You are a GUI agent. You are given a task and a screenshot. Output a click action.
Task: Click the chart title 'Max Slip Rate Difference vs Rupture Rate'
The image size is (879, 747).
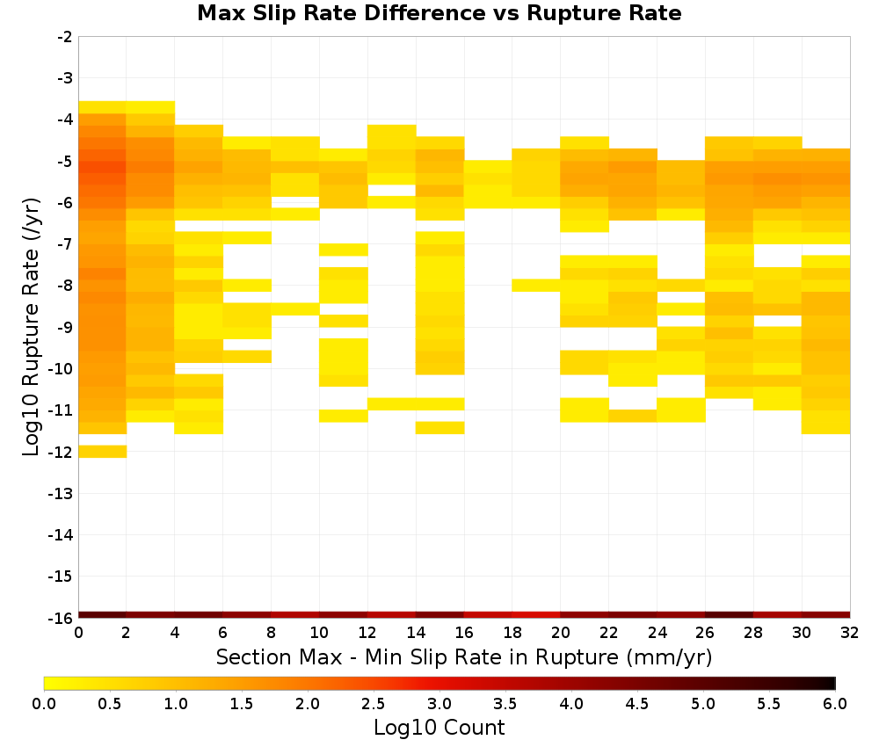coord(439,13)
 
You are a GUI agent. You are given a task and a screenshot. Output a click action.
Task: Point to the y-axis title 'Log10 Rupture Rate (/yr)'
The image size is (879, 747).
coord(31,327)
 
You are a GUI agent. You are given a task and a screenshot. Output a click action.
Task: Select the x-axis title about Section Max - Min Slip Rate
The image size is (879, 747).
coord(463,656)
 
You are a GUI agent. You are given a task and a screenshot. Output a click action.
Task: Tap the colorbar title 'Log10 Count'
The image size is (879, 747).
coord(439,728)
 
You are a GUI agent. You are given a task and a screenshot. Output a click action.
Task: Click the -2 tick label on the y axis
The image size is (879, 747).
coord(65,37)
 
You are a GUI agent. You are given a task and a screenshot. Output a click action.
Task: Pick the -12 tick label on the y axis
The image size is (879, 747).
coord(62,452)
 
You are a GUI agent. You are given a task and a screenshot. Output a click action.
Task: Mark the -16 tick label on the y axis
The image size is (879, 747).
coord(62,618)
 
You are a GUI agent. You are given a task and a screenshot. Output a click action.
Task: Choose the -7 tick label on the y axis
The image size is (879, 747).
coord(65,244)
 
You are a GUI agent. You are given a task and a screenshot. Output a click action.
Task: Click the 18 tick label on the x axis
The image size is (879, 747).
coord(512,633)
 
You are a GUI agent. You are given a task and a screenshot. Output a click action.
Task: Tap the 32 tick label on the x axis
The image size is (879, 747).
coord(850,633)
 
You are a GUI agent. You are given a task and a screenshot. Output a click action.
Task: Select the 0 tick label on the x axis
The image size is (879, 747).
coord(78,633)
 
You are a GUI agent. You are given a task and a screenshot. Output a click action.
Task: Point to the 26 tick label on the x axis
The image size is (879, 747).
coord(705,633)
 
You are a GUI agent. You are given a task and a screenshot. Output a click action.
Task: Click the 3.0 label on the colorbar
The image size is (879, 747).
coord(439,703)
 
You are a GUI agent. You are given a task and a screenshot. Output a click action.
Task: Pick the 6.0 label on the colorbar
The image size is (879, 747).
coord(835,703)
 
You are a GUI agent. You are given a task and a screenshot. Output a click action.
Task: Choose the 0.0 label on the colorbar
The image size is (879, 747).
coord(44,703)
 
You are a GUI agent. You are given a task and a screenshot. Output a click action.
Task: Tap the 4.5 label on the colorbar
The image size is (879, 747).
coord(636,703)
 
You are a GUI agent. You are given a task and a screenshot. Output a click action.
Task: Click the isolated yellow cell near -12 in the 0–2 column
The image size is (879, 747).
coord(103,452)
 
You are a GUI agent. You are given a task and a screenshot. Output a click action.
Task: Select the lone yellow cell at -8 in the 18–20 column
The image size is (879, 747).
coord(536,286)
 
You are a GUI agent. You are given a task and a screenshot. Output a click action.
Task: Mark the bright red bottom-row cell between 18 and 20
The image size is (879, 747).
coord(536,615)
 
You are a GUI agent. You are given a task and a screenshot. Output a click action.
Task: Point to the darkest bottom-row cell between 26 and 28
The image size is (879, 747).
coord(730,615)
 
